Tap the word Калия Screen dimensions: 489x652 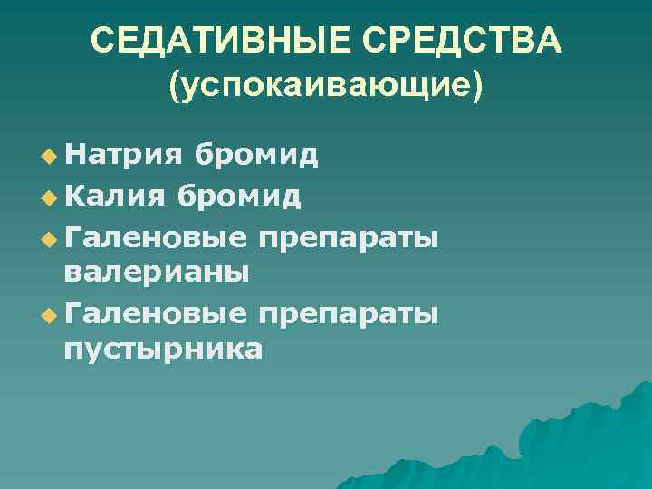117,195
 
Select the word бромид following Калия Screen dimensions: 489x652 240,195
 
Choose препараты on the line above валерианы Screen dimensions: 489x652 350,237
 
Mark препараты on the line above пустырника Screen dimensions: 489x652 350,315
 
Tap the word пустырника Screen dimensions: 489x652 163,351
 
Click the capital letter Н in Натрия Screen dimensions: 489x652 73,155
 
